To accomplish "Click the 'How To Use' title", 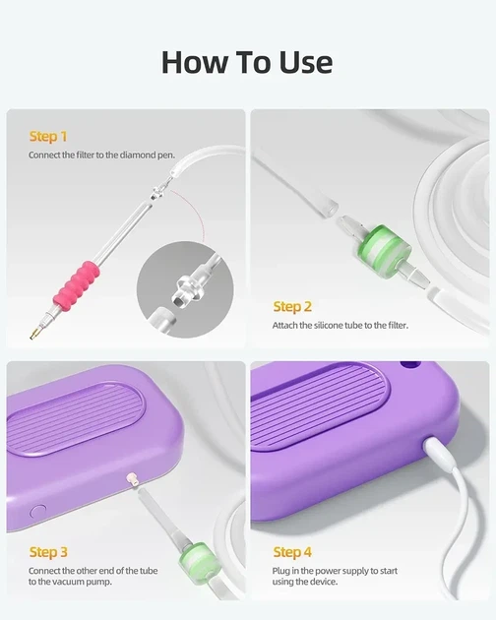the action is point(247,62).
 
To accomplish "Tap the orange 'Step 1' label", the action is point(48,137).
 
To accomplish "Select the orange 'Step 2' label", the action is point(292,306).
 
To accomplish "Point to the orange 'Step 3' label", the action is point(48,552).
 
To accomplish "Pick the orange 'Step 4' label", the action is point(292,552).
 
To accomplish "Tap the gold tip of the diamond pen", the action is point(34,334).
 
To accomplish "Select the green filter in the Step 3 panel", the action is point(197,558).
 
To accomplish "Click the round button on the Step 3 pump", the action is point(38,512).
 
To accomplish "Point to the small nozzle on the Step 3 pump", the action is point(132,480).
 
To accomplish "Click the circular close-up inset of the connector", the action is point(185,289).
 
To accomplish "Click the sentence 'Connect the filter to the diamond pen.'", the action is point(101,155).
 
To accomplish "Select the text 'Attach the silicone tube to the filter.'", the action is point(341,326).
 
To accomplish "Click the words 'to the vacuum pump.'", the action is point(70,582).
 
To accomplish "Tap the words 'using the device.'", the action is point(305,582).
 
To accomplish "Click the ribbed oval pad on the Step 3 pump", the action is point(76,418).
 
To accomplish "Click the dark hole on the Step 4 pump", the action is point(410,365).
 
